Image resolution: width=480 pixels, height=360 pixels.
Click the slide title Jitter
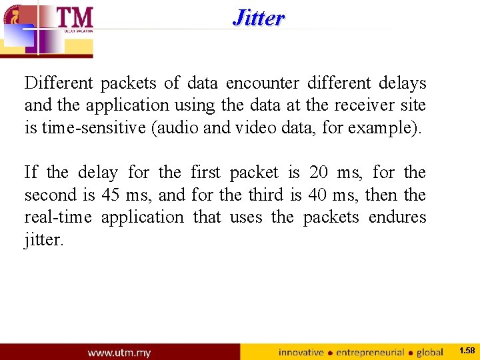click(x=259, y=18)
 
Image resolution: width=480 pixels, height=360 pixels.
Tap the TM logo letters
click(x=75, y=17)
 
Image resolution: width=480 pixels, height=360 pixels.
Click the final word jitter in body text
click(x=43, y=240)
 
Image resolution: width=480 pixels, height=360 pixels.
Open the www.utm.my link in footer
click(x=119, y=352)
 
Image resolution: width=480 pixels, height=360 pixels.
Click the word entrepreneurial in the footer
click(x=371, y=352)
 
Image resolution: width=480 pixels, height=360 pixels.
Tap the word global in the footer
click(x=430, y=352)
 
